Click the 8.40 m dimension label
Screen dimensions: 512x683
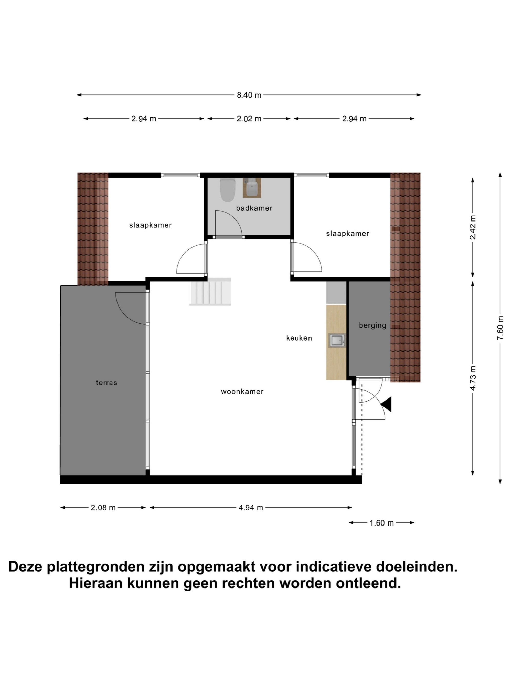tap(249, 95)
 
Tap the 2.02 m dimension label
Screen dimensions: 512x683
tap(249, 119)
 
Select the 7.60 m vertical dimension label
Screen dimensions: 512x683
tap(500, 328)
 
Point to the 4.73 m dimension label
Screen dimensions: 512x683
tap(473, 378)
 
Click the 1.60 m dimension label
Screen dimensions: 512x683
tap(381, 523)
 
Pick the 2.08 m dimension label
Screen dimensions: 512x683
tap(103, 508)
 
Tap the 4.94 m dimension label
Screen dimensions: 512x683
tap(251, 508)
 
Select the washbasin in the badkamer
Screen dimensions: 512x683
tap(252, 188)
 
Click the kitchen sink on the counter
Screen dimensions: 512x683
tap(337, 341)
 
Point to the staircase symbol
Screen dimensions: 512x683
tap(210, 291)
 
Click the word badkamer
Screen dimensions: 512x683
tap(254, 208)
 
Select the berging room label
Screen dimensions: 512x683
tap(372, 325)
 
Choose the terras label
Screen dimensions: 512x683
tap(106, 383)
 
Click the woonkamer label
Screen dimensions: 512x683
tap(242, 392)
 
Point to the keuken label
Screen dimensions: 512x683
tap(299, 338)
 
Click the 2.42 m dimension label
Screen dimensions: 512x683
tap(473, 228)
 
